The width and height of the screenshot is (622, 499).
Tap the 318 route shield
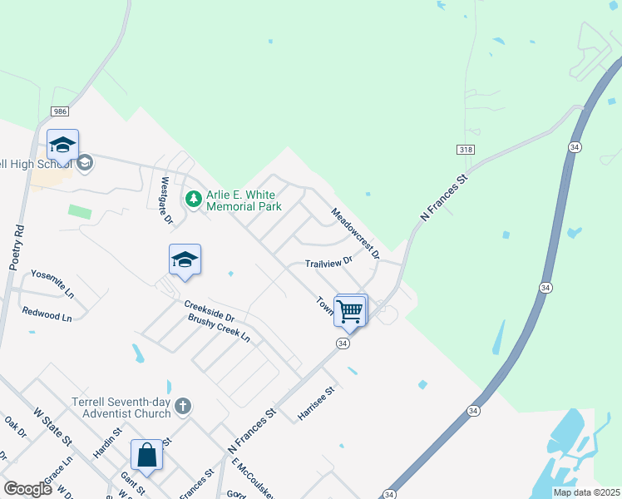[466, 148]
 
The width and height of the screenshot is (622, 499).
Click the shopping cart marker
[350, 311]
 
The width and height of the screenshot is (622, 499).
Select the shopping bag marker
[146, 455]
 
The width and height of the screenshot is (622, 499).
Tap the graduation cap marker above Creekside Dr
[185, 260]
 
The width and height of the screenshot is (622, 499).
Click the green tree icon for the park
[194, 199]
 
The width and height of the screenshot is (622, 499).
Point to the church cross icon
[183, 406]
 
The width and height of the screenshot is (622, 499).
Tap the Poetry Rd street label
[15, 248]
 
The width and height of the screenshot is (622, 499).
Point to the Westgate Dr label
[165, 200]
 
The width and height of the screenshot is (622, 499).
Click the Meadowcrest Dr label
[355, 232]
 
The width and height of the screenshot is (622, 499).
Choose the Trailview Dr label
[328, 262]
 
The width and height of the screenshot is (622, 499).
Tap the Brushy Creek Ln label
[219, 329]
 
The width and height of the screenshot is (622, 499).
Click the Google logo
[27, 489]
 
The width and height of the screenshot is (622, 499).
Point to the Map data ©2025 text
[585, 492]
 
